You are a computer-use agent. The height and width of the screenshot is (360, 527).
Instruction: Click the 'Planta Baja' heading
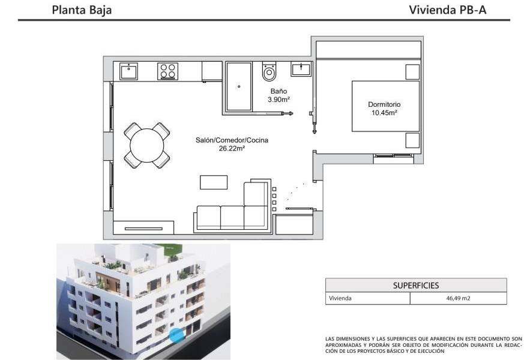82,10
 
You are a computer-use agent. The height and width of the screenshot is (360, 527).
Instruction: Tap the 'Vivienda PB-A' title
447,10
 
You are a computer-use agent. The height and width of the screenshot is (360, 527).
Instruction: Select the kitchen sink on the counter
129,71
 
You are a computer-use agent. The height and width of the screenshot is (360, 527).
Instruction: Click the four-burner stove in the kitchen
167,71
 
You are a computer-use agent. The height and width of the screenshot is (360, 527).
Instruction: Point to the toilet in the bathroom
269,72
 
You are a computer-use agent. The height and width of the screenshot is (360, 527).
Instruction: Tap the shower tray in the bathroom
239,86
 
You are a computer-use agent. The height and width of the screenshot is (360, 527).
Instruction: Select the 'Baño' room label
279,91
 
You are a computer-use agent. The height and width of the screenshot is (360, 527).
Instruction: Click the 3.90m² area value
279,99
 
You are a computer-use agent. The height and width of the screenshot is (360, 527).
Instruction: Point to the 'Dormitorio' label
384,104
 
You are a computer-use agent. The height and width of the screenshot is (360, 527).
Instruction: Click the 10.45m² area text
384,112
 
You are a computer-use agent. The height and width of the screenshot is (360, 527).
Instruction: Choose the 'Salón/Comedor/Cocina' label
232,140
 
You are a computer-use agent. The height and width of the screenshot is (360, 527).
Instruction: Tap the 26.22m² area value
232,148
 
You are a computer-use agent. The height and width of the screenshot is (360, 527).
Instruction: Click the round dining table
146,146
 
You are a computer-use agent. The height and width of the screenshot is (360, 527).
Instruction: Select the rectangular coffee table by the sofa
214,182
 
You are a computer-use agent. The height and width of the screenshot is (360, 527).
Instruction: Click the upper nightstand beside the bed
412,72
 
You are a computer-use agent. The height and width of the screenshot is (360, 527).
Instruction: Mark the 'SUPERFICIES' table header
415,286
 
